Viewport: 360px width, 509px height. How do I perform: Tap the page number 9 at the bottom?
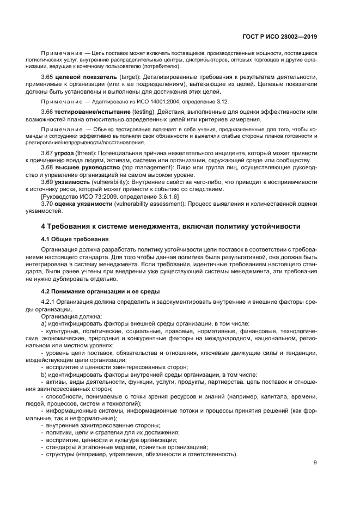tap(315, 463)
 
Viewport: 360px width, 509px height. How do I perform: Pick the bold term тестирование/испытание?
tap(92, 112)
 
